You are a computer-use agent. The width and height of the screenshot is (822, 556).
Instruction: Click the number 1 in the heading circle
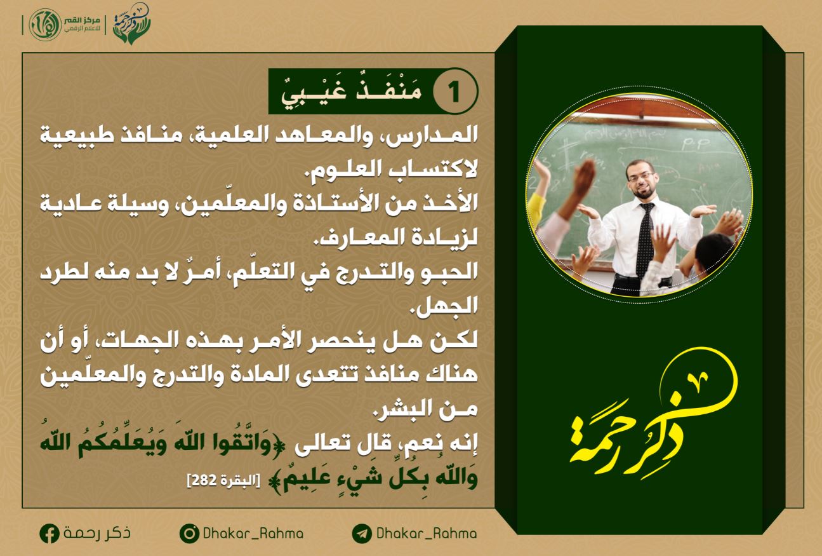[x=454, y=92]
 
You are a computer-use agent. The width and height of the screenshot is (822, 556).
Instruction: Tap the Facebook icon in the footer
[x=50, y=534]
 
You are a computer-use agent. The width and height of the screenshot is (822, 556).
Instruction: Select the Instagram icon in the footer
[x=189, y=534]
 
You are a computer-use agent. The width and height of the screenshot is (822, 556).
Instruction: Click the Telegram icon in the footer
[x=362, y=534]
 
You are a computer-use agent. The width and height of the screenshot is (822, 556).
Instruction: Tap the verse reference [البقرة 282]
[x=223, y=480]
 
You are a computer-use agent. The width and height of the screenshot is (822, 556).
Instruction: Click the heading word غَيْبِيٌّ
[x=314, y=93]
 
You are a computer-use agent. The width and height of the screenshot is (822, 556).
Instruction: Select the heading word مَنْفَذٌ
[x=389, y=90]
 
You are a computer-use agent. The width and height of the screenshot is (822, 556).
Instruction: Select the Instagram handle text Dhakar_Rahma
[x=253, y=534]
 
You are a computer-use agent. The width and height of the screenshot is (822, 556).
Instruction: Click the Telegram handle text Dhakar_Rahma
[x=427, y=534]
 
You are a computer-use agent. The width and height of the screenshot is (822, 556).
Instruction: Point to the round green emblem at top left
[x=45, y=25]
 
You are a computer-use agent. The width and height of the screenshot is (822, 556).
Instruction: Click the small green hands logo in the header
[x=132, y=24]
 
